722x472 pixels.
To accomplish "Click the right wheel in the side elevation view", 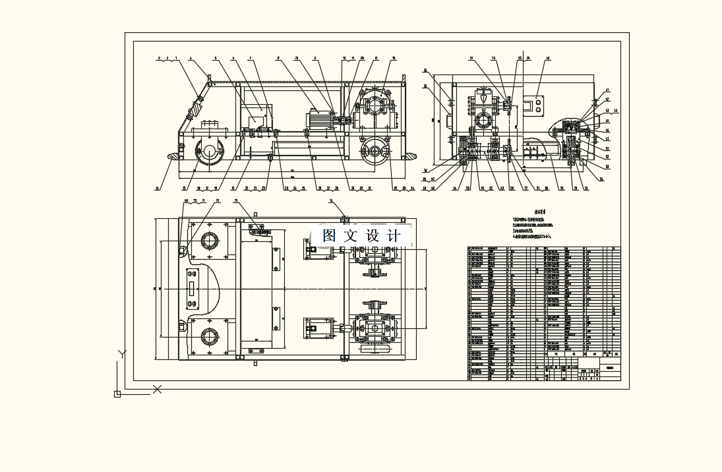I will tap(375, 151).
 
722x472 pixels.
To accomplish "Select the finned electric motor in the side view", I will tap(319, 121).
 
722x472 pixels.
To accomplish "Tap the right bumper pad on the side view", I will tap(409, 156).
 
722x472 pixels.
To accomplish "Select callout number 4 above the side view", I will tap(191, 59).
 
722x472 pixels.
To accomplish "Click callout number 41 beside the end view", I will tap(607, 90).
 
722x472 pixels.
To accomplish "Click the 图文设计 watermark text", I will tap(362, 235).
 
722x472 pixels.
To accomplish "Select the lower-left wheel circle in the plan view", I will tap(211, 337).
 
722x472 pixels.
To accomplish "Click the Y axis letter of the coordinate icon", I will tap(122, 354).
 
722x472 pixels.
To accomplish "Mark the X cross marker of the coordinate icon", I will tap(158, 389).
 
